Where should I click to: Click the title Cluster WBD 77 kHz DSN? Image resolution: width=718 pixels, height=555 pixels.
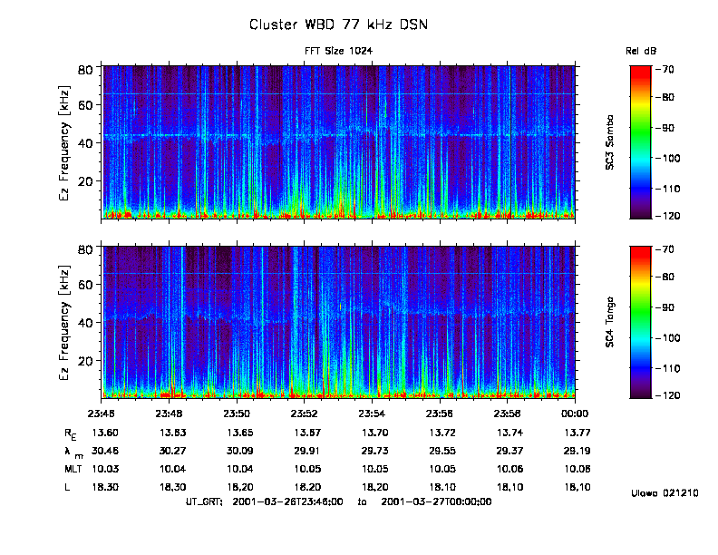[338, 24]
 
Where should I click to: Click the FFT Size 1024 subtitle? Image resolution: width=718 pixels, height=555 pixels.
[338, 51]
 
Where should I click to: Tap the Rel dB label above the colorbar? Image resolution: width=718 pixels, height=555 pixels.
[640, 52]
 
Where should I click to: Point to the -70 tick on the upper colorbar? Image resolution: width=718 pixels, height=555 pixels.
[668, 69]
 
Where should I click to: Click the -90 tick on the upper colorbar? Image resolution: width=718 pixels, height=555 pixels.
[668, 129]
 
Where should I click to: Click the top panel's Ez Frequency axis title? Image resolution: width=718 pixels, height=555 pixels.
[65, 143]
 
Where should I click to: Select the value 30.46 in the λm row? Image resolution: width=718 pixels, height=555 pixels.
[105, 451]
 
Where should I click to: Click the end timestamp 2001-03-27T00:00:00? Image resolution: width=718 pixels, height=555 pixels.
[436, 501]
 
